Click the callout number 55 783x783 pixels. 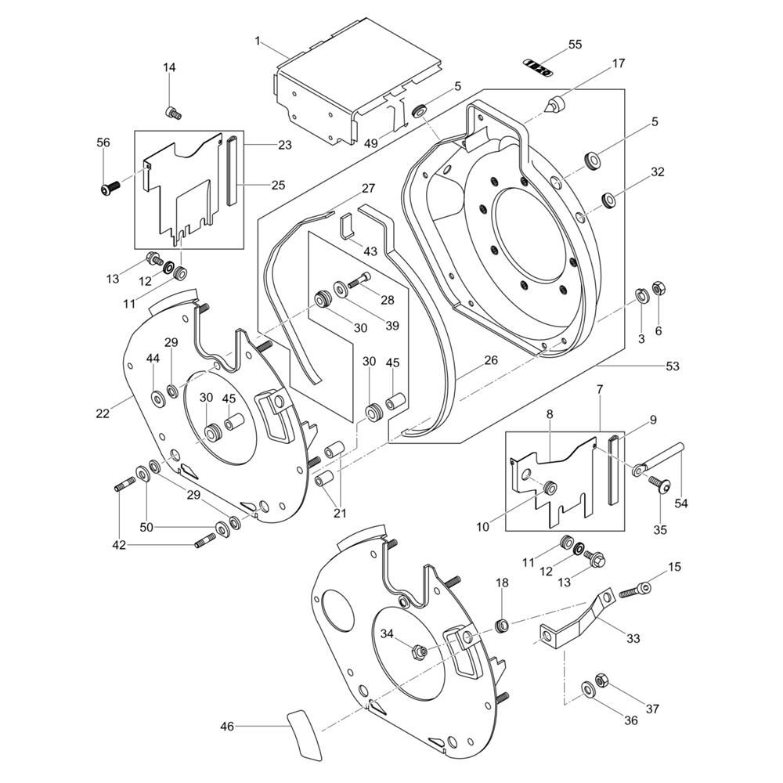pos(575,45)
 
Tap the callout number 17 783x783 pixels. pos(619,63)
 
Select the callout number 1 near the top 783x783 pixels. pos(258,41)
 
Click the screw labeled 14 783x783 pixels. pos(174,113)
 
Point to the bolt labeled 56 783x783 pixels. pos(109,187)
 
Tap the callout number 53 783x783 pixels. pos(673,366)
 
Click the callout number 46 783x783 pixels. pos(227,727)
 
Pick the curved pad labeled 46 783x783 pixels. pos(306,734)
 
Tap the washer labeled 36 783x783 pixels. pos(587,689)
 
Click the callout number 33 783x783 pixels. pos(633,638)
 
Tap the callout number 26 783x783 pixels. pos(491,360)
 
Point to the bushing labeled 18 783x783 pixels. pos(503,625)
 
